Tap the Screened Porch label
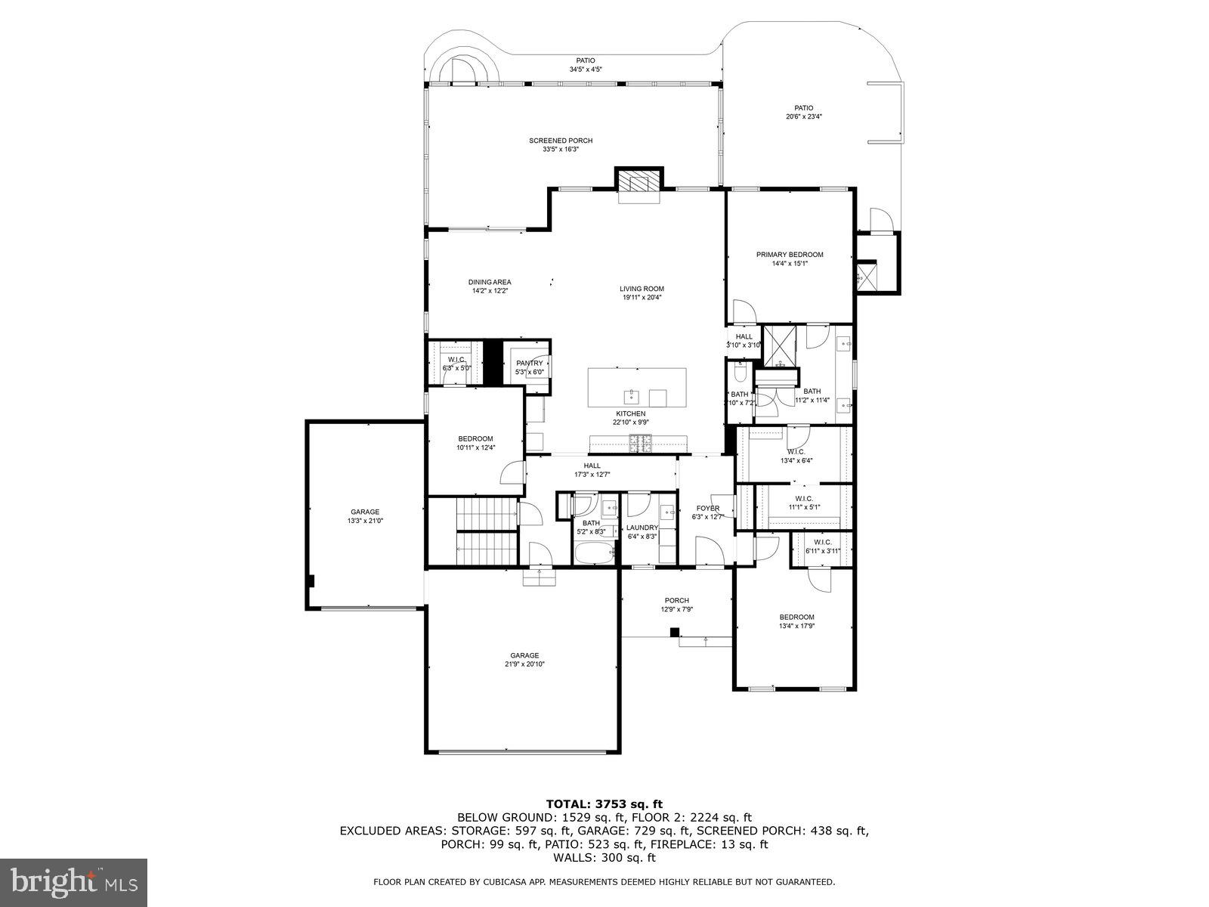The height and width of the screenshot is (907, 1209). pyautogui.click(x=560, y=141)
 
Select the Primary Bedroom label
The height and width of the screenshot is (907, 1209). pyautogui.click(x=790, y=255)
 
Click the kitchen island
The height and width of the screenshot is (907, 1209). pyautogui.click(x=637, y=388)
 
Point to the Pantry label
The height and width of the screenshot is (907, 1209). pyautogui.click(x=529, y=364)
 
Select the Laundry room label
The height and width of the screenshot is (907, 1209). pyautogui.click(x=642, y=528)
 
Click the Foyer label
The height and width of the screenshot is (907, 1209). pyautogui.click(x=708, y=508)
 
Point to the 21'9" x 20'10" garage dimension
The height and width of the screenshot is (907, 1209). pyautogui.click(x=524, y=664)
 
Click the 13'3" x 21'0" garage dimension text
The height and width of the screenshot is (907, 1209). pyautogui.click(x=364, y=521)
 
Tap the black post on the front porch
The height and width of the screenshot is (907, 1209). pyautogui.click(x=675, y=633)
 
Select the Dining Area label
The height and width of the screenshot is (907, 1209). pyautogui.click(x=489, y=282)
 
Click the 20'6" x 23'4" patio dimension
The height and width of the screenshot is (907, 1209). pyautogui.click(x=803, y=116)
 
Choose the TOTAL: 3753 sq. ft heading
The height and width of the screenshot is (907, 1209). pyautogui.click(x=604, y=803)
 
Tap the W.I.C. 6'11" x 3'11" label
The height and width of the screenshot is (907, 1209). pyautogui.click(x=823, y=546)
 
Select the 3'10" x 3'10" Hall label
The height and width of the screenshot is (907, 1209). pyautogui.click(x=744, y=341)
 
